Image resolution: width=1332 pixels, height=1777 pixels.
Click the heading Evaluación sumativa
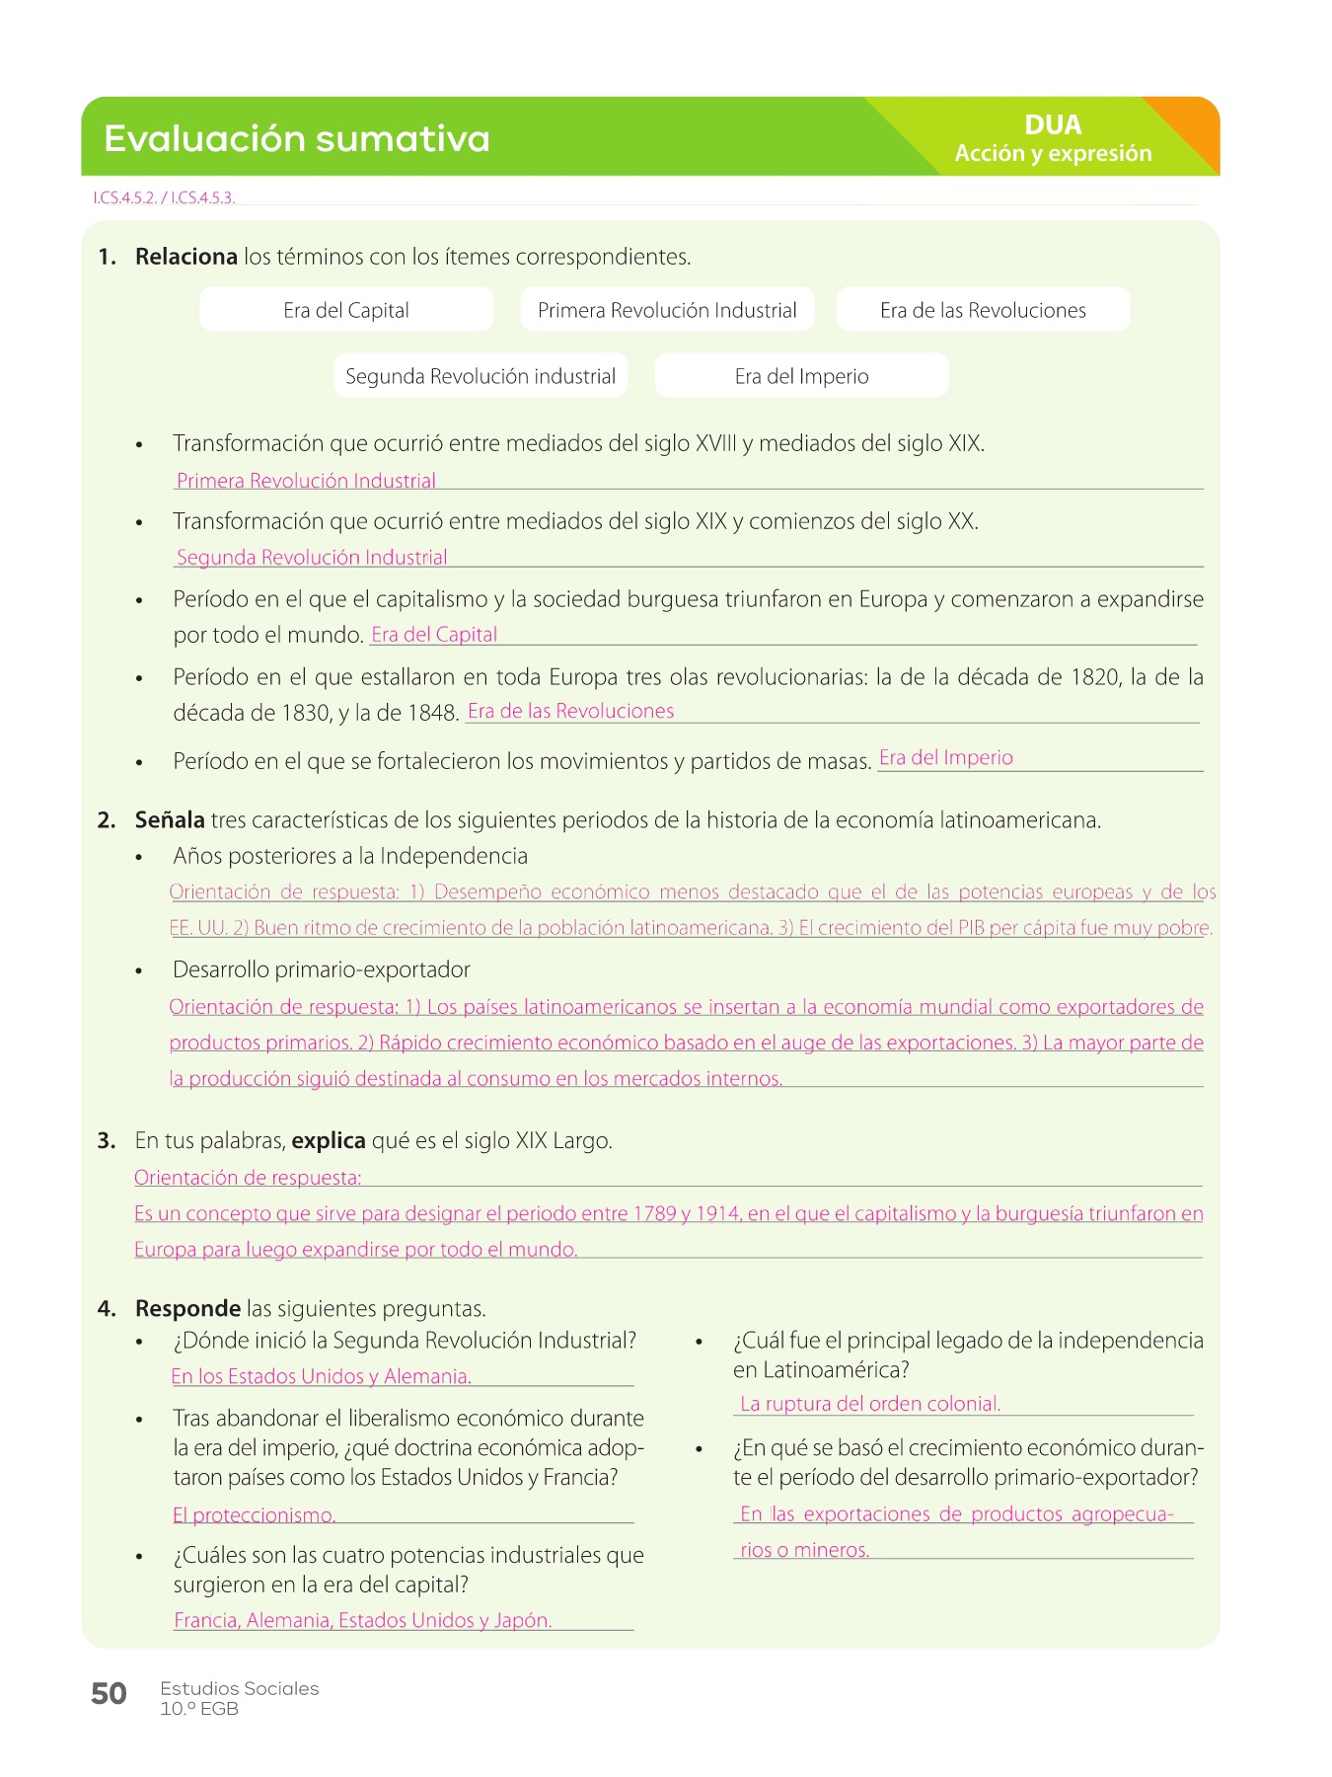[x=296, y=139]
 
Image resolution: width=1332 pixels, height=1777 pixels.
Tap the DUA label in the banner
[x=1053, y=125]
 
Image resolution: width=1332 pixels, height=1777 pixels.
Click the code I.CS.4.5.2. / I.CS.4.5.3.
[x=164, y=197]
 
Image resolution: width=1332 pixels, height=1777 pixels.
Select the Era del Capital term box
[x=346, y=310]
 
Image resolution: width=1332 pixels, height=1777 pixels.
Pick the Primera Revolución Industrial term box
[x=667, y=310]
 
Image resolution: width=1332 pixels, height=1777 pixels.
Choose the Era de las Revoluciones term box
[x=983, y=310]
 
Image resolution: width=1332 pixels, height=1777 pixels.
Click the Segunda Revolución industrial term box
[x=481, y=376]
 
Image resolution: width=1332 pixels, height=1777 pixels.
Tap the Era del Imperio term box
[x=801, y=376]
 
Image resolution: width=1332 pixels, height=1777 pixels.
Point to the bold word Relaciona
[x=185, y=257]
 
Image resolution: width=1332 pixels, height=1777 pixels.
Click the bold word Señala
[x=170, y=820]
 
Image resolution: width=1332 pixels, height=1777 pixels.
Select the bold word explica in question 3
[x=329, y=1141]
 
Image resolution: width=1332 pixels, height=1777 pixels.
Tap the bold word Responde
[x=187, y=1309]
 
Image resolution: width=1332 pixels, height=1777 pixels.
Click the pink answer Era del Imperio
[x=946, y=758]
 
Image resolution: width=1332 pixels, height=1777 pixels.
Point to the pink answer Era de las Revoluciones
[x=570, y=711]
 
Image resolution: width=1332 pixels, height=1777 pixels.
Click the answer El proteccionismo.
[x=255, y=1515]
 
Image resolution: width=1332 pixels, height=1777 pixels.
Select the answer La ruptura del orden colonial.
[x=870, y=1404]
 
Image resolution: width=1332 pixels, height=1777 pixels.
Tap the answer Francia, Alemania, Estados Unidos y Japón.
[x=362, y=1620]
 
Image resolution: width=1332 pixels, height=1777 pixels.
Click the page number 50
[x=109, y=1694]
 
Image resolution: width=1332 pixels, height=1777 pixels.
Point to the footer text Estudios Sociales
[x=240, y=1688]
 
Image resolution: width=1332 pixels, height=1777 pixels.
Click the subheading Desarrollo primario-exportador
[x=321, y=969]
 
